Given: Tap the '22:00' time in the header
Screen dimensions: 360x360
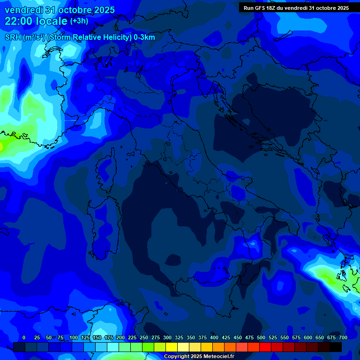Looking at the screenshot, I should coord(17,21).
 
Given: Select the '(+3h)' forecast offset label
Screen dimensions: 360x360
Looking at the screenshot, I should coord(79,21).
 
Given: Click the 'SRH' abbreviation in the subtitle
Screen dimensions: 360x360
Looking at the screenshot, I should coord(13,37).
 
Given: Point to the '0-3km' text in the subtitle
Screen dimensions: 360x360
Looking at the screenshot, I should coord(144,37).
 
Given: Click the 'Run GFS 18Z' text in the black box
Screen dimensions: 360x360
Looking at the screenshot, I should coord(260,8).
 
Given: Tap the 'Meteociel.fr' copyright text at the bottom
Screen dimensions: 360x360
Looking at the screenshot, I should coord(216,357).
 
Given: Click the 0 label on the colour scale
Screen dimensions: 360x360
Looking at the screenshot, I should coord(24,337).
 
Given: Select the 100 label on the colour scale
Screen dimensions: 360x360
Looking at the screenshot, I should coord(74,337).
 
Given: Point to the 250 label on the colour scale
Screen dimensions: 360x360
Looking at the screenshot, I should coord(144,337).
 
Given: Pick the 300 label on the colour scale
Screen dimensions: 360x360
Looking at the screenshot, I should coord(167,337).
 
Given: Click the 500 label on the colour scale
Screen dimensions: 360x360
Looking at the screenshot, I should coord(261,337).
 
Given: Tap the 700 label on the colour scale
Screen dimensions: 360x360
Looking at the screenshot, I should coord(343,337).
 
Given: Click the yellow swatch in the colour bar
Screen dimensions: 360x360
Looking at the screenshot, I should coord(172,347).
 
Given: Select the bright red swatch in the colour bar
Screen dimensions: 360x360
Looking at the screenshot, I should coord(265,347).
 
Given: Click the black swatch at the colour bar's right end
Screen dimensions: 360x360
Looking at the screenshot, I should coord(336,347).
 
